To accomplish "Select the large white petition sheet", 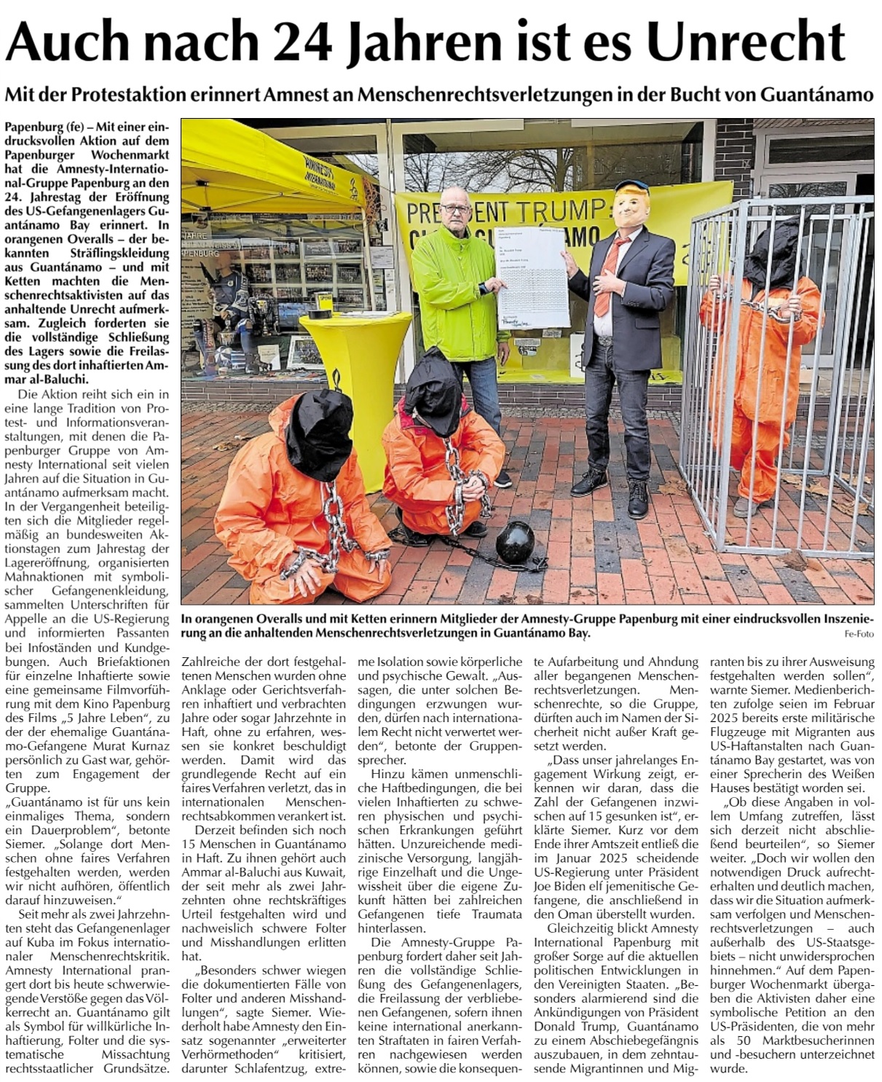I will (x=531, y=275).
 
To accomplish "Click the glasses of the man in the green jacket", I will (x=456, y=208).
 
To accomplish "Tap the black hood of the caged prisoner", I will (x=773, y=249).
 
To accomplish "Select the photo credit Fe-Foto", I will (x=859, y=634).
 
